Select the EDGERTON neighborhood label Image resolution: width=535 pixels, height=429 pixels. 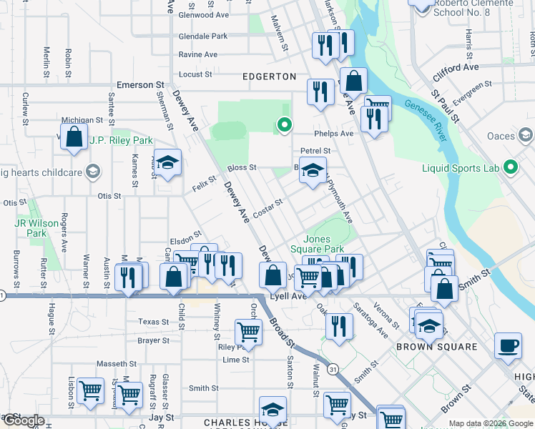269,76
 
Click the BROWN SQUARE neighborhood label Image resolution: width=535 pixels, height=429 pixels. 437,347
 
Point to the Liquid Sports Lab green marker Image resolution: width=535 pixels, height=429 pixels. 511,168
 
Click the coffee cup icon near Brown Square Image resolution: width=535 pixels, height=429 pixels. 509,345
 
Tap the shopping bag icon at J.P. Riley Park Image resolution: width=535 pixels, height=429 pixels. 74,137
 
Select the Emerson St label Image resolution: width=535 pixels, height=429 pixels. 136,85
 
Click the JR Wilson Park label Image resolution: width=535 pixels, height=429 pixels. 36,228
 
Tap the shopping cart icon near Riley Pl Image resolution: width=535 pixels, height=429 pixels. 248,332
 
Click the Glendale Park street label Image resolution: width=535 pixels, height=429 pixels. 203,36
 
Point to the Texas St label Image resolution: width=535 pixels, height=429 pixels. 154,322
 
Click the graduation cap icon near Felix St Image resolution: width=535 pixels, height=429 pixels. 168,164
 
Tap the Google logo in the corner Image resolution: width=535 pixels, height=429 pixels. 23,420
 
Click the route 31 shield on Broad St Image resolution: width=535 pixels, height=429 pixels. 333,369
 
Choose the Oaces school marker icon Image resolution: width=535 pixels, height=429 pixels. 526,135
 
